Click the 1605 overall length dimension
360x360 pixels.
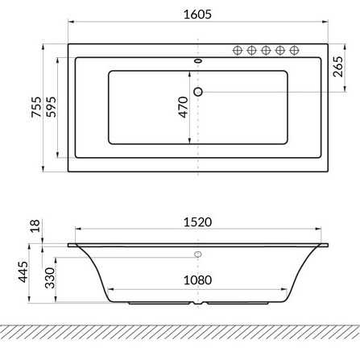point(197,14)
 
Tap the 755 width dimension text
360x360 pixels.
point(36,107)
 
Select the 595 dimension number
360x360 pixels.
point(51,107)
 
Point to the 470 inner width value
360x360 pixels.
point(184,107)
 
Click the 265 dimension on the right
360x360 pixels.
point(338,67)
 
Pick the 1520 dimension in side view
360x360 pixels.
point(197,222)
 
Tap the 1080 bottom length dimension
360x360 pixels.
point(197,280)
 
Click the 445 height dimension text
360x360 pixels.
point(23,271)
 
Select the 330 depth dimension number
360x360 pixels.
point(50,278)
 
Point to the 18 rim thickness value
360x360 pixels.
point(35,226)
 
